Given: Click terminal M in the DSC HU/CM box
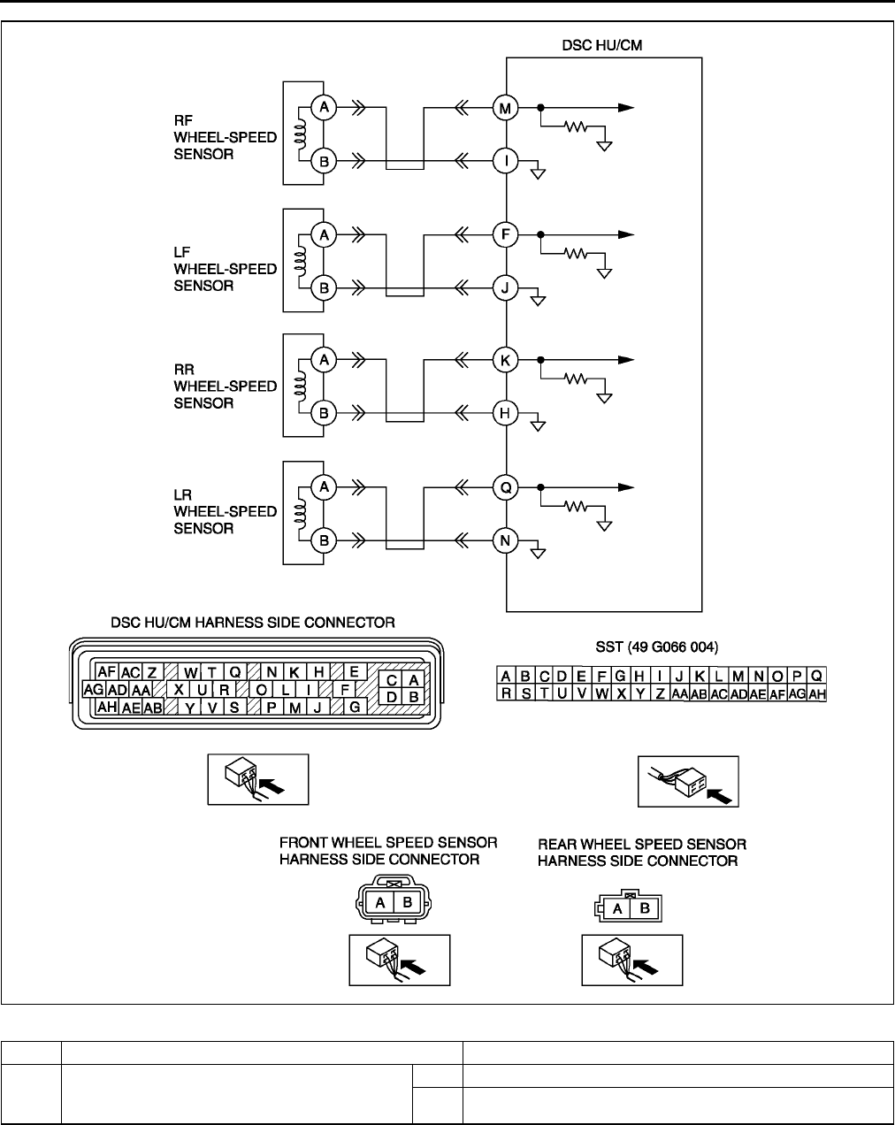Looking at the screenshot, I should pyautogui.click(x=505, y=108).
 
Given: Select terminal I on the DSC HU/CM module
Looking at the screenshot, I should pyautogui.click(x=505, y=162).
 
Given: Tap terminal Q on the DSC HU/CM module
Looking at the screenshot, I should pyautogui.click(x=505, y=487).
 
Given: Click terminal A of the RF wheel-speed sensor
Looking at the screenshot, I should pyautogui.click(x=325, y=108).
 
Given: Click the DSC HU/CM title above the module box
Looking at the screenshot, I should pyautogui.click(x=602, y=42).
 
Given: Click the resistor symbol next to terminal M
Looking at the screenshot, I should pyautogui.click(x=576, y=126).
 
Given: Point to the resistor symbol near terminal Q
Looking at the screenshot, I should pyautogui.click(x=576, y=507).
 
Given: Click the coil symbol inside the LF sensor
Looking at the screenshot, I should pyautogui.click(x=300, y=262).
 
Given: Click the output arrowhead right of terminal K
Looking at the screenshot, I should pyautogui.click(x=627, y=361).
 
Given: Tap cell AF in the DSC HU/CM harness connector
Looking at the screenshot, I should pyautogui.click(x=108, y=672).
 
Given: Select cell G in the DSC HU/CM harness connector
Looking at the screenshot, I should pyautogui.click(x=354, y=707).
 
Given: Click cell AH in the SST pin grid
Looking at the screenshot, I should pyautogui.click(x=817, y=694).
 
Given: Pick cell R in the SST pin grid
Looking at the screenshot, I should pyautogui.click(x=507, y=694).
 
